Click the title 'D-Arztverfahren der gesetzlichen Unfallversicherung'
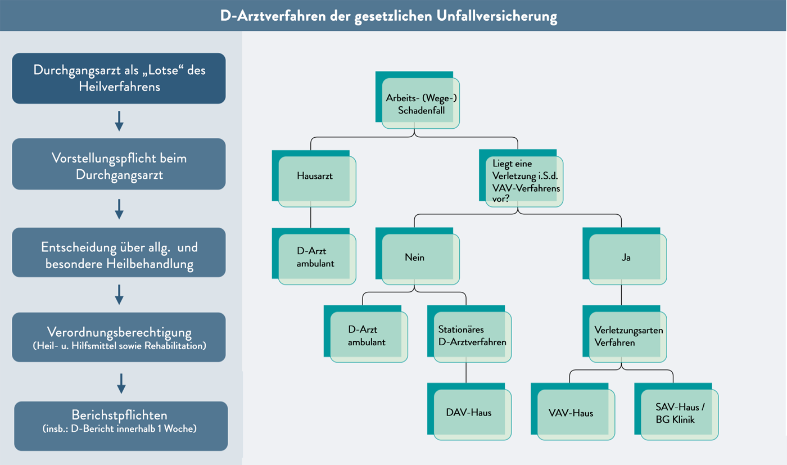[x=388, y=16]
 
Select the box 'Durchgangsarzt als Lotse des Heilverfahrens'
[x=119, y=78]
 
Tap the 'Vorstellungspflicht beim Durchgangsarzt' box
[x=119, y=166]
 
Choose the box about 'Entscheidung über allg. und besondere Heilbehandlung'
[x=119, y=255]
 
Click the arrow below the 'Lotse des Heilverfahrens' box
[x=119, y=121]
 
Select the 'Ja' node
[x=626, y=258]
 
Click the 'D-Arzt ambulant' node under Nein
[x=368, y=335]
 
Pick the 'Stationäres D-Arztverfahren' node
[x=471, y=335]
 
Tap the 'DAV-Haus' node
[x=471, y=412]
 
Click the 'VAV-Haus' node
[x=575, y=413]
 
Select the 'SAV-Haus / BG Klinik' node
[x=678, y=413]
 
